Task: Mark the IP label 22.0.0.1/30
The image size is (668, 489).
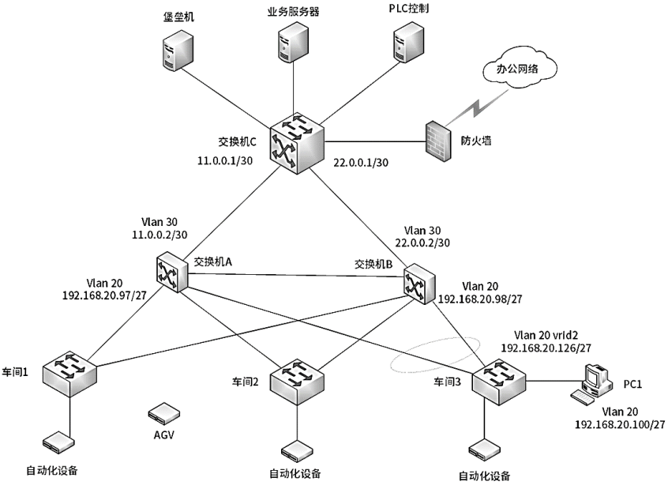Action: click(362, 160)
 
